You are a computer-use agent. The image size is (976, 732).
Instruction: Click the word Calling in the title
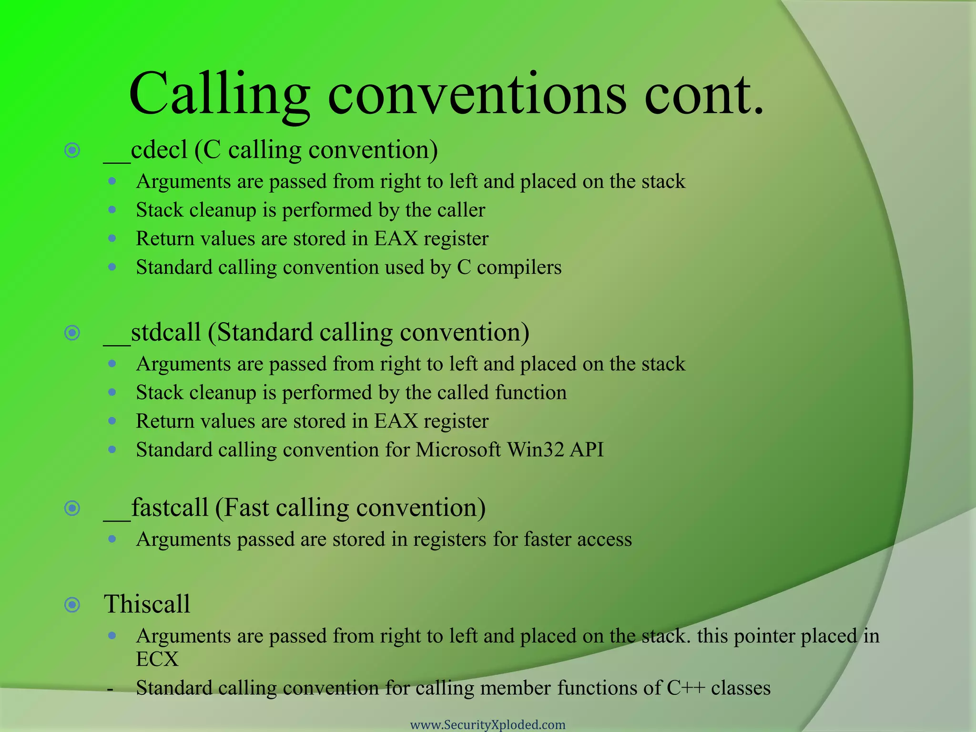click(219, 95)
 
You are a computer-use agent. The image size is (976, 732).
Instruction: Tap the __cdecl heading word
click(146, 151)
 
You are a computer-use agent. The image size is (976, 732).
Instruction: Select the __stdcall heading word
click(152, 333)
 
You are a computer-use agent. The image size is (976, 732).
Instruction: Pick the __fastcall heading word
click(156, 508)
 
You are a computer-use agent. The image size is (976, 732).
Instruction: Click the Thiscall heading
click(147, 604)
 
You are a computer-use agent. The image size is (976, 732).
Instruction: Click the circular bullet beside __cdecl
click(72, 151)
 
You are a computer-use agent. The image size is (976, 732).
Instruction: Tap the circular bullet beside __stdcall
click(72, 333)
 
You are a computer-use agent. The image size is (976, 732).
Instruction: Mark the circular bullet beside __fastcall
click(72, 508)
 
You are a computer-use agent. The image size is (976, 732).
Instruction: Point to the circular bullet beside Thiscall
click(72, 605)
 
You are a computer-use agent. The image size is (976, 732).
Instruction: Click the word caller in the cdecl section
click(461, 210)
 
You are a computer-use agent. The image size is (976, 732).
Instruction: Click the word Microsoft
click(458, 450)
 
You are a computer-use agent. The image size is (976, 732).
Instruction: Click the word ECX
click(157, 660)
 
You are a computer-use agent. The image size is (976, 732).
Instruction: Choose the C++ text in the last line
click(685, 688)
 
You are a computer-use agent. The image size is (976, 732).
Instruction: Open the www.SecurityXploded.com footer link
click(488, 725)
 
